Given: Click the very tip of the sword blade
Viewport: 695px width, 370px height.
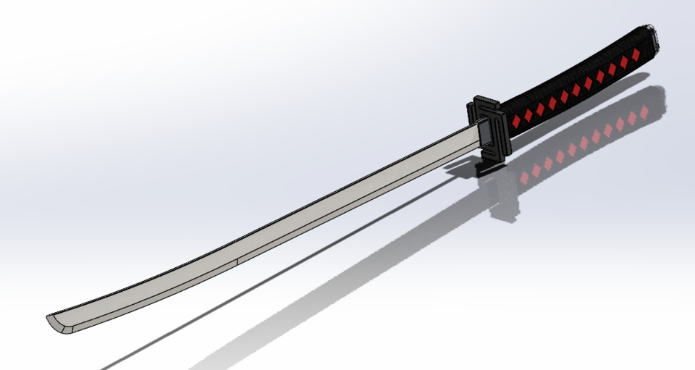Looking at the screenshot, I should (48, 319).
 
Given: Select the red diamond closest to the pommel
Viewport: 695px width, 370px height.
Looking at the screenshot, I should (635, 54).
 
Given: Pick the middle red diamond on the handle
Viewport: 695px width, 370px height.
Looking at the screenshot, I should (576, 88).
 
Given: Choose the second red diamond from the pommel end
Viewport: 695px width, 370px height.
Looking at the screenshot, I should (623, 61).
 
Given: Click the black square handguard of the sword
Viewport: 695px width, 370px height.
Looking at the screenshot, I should (492, 130).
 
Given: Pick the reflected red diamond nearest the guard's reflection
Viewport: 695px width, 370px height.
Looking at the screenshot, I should (524, 177).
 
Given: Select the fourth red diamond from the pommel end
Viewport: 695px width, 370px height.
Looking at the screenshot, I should (600, 75).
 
